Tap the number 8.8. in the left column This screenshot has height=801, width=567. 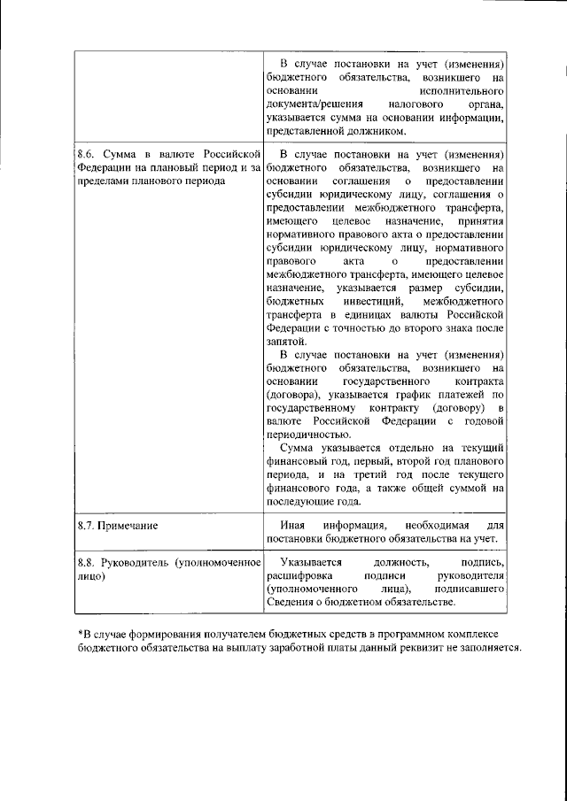tap(89, 562)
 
